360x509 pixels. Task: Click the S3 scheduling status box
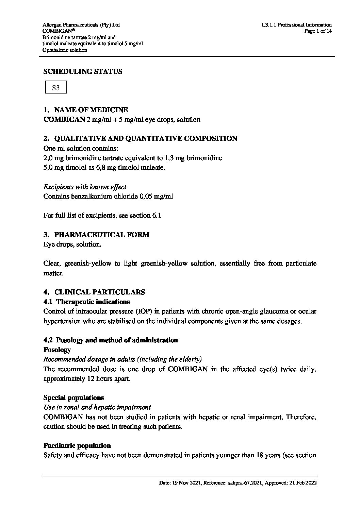click(56, 87)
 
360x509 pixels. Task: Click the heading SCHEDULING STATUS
click(83, 71)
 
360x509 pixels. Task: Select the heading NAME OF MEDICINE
click(91, 110)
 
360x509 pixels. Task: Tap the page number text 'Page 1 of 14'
click(318, 31)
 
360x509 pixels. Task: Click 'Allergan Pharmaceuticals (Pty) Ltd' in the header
click(81, 25)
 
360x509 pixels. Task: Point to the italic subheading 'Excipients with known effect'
click(85, 187)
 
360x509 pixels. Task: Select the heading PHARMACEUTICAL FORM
click(101, 235)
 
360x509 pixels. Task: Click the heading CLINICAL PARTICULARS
click(99, 292)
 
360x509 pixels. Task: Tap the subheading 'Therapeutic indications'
click(93, 302)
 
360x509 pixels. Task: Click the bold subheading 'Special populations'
click(74, 397)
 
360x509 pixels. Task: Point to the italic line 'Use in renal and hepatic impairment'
click(97, 407)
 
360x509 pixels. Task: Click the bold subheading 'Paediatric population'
click(77, 445)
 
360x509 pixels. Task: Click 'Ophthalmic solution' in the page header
click(65, 50)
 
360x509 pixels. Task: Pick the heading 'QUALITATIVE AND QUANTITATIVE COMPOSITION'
click(146, 138)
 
